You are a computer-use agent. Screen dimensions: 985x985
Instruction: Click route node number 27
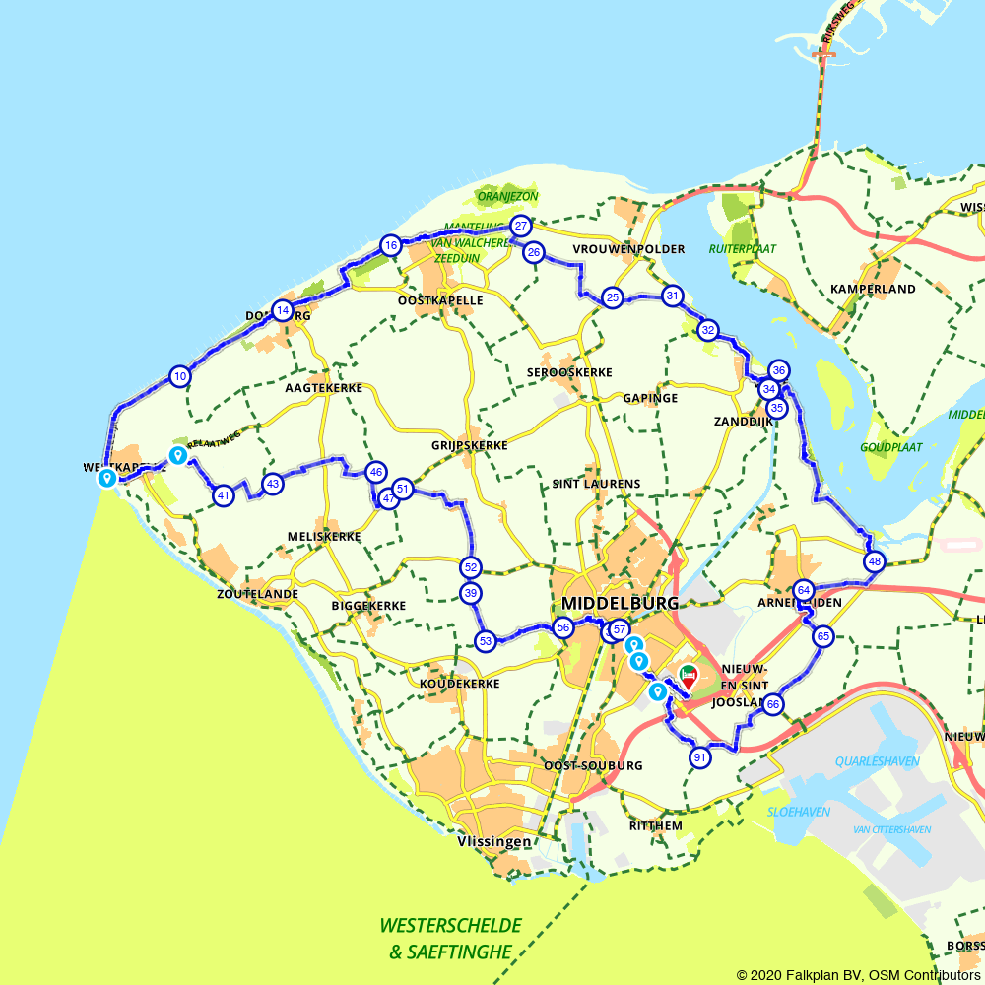pos(521,227)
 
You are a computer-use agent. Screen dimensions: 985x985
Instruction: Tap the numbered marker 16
pos(391,245)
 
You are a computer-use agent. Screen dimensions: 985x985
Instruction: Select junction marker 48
pos(875,562)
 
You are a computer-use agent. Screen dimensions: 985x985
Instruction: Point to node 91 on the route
pos(700,757)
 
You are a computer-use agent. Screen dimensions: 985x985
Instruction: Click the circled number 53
pos(486,641)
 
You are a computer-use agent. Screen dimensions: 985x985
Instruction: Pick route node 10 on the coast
pos(179,376)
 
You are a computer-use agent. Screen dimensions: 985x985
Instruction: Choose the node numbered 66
pos(773,704)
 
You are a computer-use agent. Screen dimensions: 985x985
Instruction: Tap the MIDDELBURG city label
pos(620,603)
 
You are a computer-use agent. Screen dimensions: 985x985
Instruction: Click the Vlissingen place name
pos(494,842)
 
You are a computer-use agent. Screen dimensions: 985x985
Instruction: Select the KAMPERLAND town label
pos(873,289)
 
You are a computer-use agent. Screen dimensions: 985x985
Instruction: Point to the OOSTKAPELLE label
pos(440,300)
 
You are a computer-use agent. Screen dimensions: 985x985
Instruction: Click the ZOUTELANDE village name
pos(258,595)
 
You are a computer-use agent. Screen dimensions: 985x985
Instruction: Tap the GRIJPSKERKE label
pos(469,445)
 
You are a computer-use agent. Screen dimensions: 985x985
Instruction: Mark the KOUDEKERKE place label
pos(460,684)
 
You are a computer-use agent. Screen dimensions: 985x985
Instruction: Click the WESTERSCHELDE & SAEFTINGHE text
pos(450,939)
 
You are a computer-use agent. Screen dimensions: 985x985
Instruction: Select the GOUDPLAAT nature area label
pos(890,446)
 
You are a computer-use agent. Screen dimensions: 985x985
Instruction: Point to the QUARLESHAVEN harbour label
pos(877,760)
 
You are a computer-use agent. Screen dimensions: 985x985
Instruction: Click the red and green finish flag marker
pos(688,676)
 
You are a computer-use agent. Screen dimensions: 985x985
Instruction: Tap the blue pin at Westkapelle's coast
pos(106,479)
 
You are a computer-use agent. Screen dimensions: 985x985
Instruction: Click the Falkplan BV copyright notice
pos(858,975)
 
